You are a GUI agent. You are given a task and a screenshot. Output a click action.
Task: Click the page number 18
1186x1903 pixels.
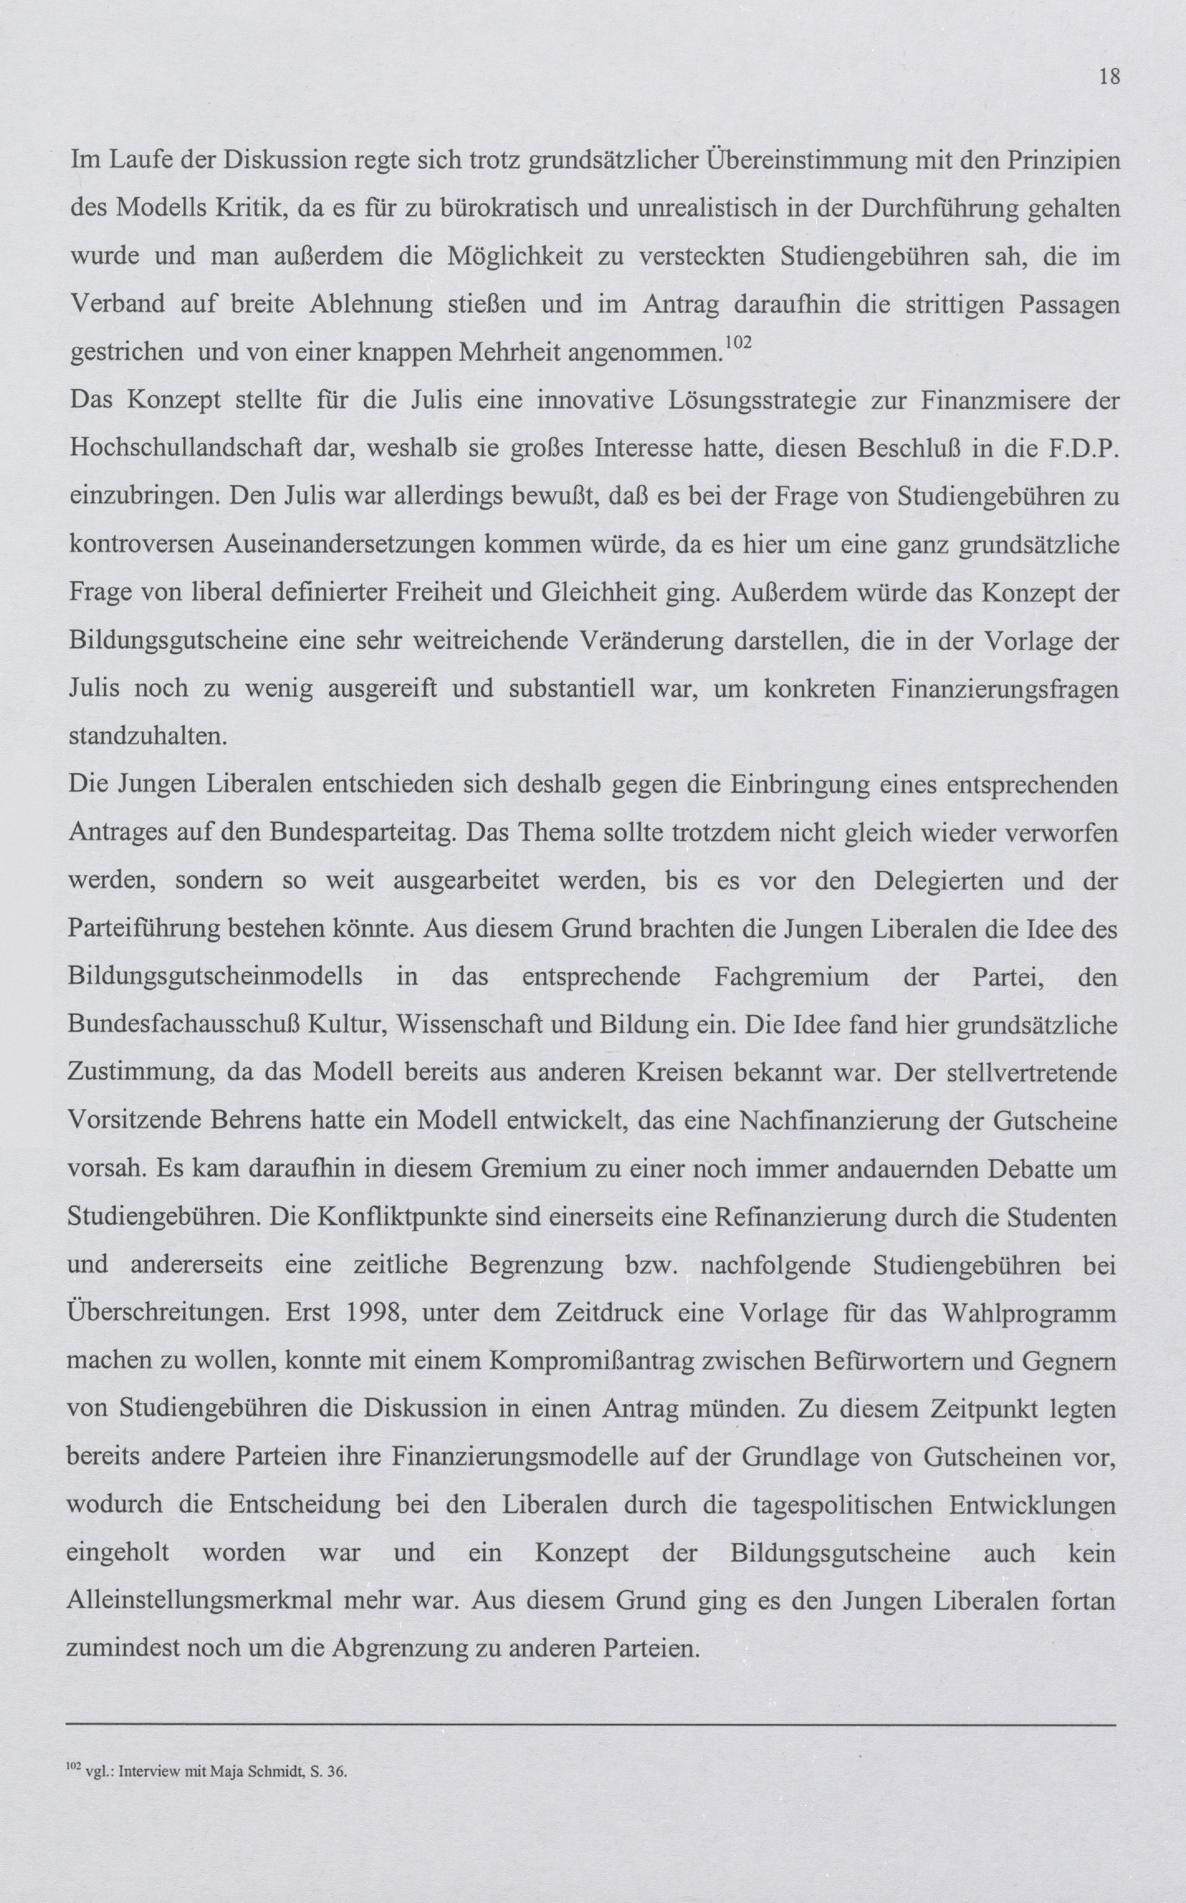(1109, 77)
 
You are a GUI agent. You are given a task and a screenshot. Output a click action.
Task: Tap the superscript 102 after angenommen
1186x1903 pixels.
(737, 342)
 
